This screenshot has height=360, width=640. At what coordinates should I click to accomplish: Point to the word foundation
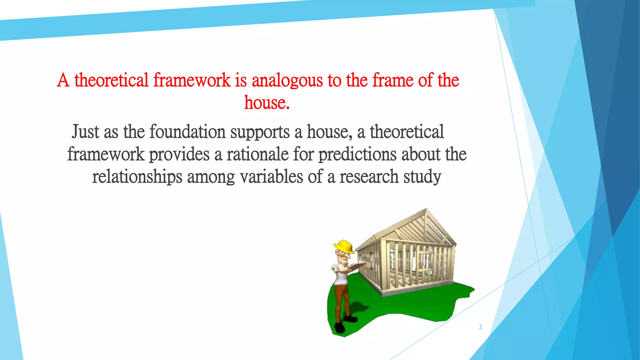[x=187, y=132]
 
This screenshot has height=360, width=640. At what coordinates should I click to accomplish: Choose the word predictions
[x=357, y=155]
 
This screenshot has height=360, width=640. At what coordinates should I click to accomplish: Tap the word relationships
[x=137, y=177]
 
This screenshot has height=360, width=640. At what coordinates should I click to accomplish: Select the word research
[x=369, y=177]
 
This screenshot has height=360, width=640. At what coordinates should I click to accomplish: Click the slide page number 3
[x=480, y=327]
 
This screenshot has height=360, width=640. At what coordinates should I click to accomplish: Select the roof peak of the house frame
[x=426, y=210]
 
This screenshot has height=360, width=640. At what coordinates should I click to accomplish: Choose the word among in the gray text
[x=211, y=177]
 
